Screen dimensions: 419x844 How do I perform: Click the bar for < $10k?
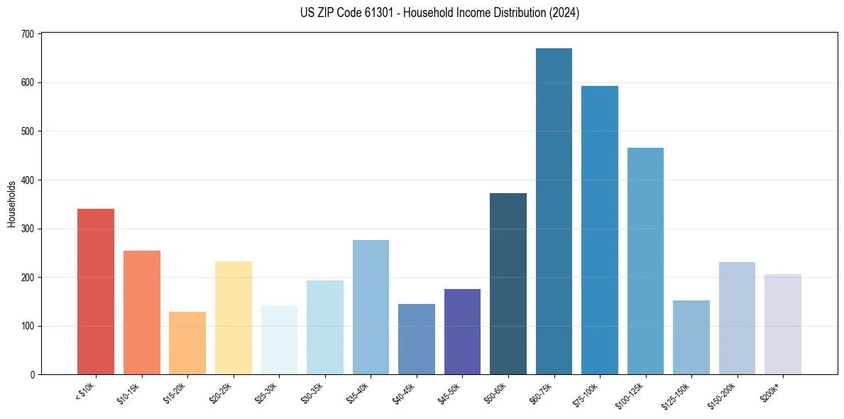tap(96, 291)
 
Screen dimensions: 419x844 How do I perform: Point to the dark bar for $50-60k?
tap(508, 284)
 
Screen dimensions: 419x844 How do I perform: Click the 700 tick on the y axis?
tap(29, 34)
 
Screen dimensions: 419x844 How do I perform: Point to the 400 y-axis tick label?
tap(29, 180)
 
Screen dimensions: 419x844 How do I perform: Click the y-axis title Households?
tap(12, 205)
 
